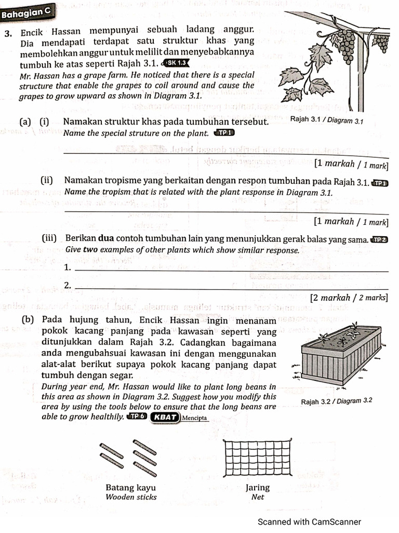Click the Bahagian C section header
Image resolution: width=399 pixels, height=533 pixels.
pyautogui.click(x=26, y=14)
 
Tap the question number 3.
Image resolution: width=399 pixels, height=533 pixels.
pyautogui.click(x=8, y=32)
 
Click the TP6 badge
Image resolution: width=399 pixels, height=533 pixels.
pyautogui.click(x=136, y=416)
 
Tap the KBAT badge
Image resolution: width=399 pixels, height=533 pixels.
pyautogui.click(x=164, y=416)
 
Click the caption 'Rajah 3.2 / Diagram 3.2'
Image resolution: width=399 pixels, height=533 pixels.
pyautogui.click(x=337, y=401)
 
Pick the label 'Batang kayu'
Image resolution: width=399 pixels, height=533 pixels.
pyautogui.click(x=130, y=488)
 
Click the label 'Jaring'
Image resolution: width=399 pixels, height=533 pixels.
pyautogui.click(x=258, y=488)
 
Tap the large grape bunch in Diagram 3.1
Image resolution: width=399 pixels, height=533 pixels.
pyautogui.click(x=345, y=45)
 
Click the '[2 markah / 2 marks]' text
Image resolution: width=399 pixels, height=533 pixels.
pyautogui.click(x=349, y=298)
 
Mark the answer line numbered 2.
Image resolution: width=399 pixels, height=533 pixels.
pyautogui.click(x=231, y=288)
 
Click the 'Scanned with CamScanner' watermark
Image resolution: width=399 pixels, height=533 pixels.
pyautogui.click(x=309, y=522)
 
